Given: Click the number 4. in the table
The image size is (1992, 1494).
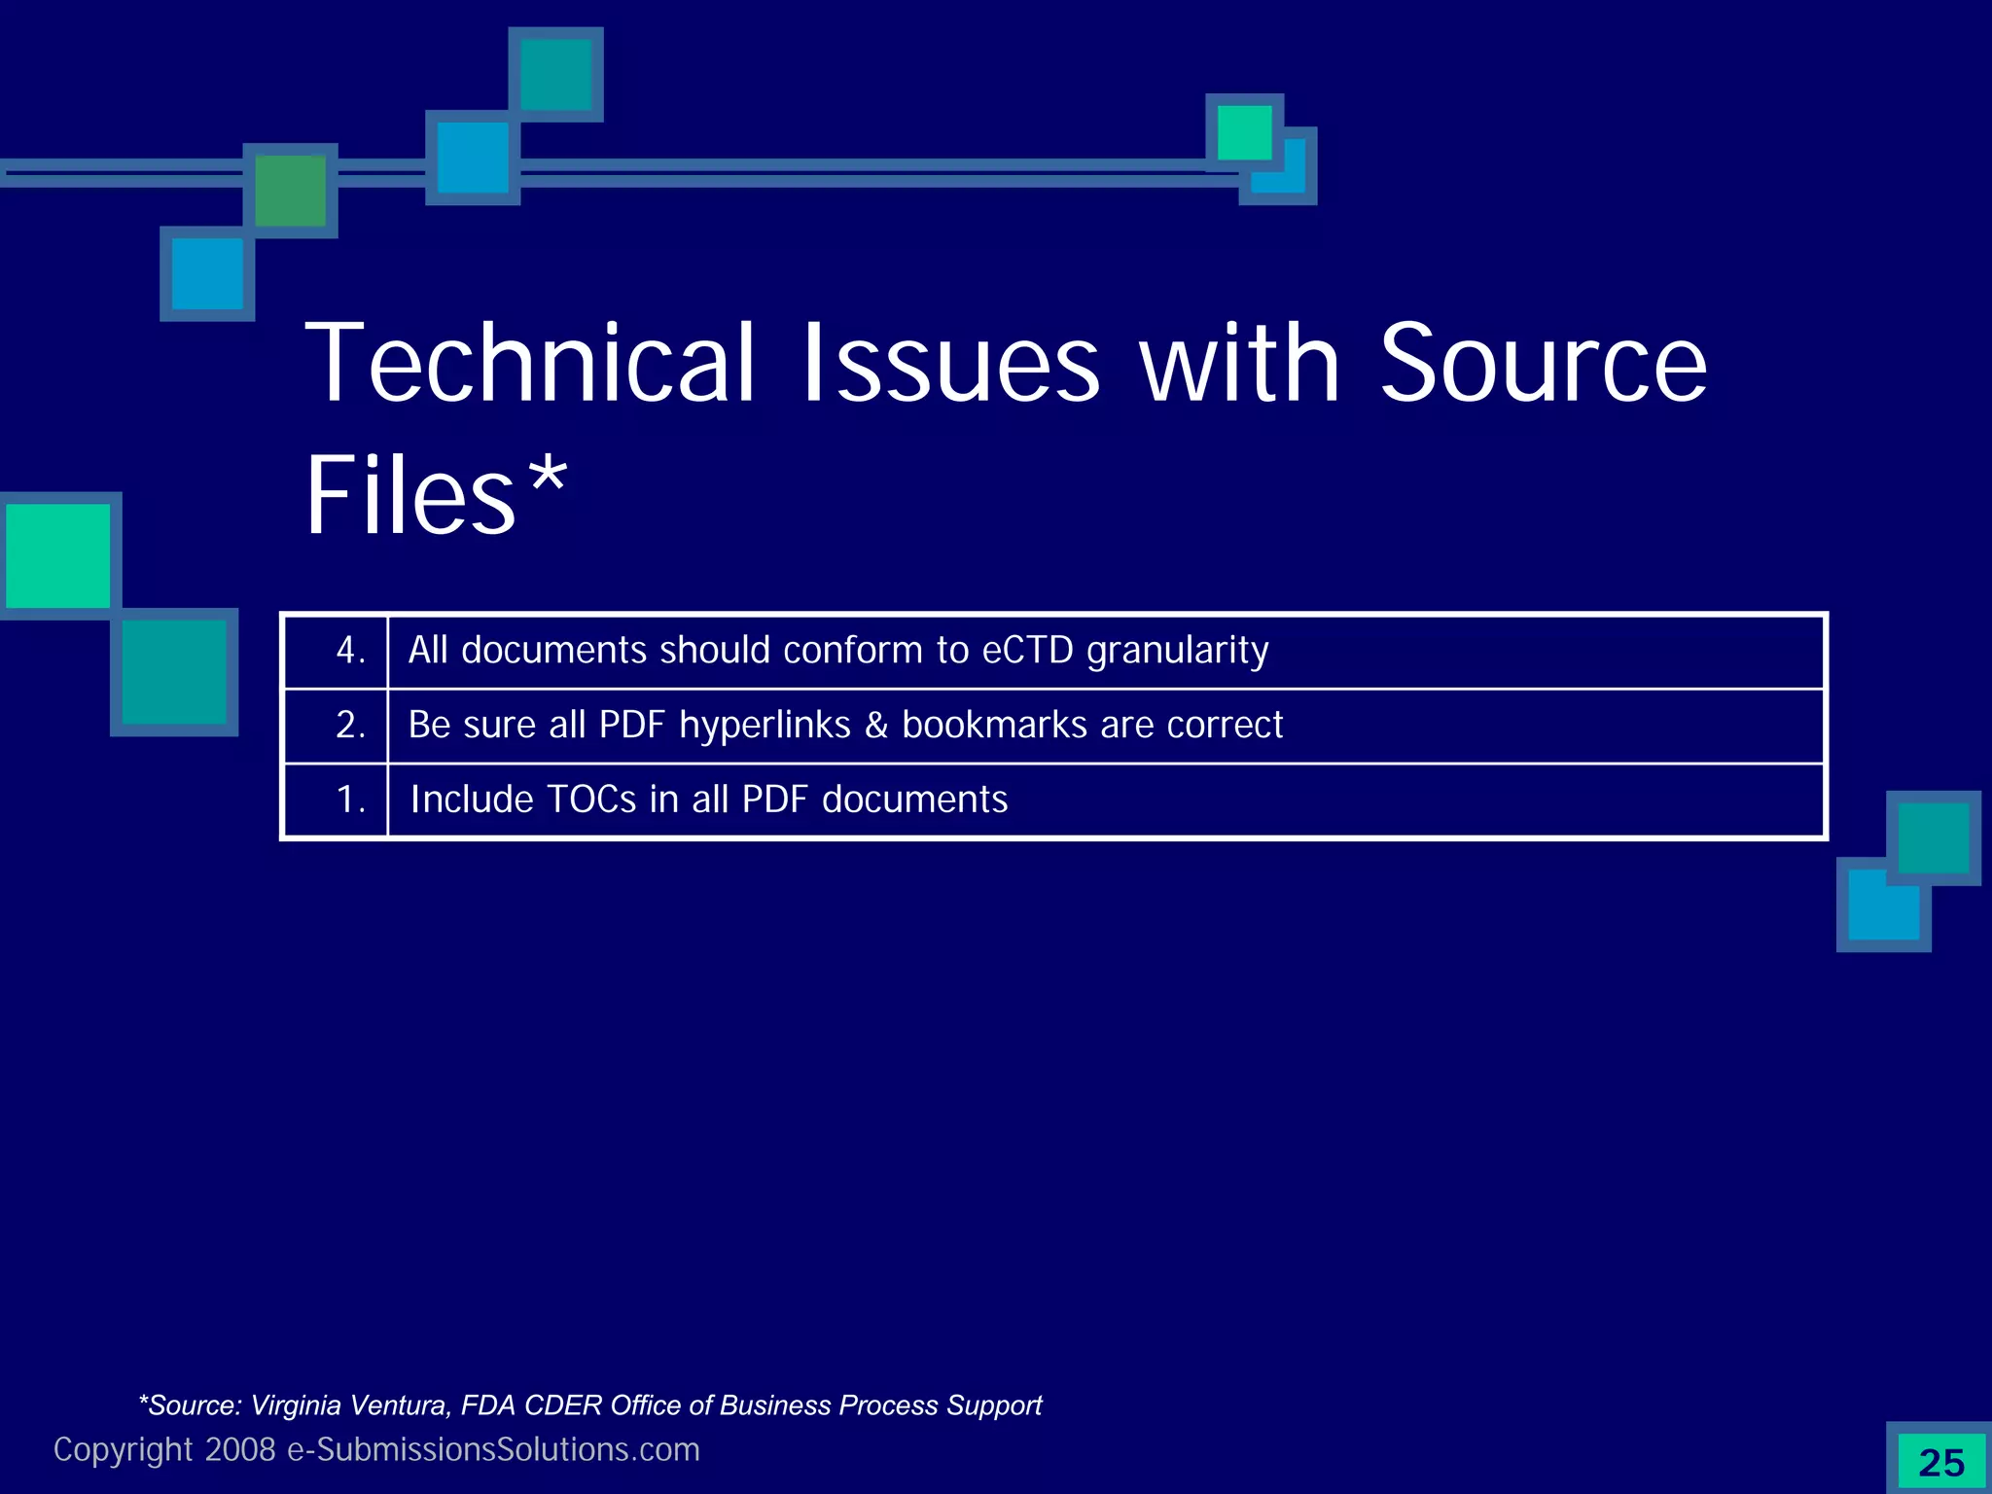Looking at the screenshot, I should click(x=350, y=651).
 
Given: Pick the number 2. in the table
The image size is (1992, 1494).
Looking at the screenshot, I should click(x=350, y=726).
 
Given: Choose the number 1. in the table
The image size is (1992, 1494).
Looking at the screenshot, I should click(x=350, y=800).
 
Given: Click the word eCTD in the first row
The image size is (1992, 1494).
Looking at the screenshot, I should click(x=1027, y=650).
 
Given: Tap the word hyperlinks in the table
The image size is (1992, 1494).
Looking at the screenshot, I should click(x=765, y=726).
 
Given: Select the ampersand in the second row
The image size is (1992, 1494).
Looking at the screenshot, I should click(x=876, y=726).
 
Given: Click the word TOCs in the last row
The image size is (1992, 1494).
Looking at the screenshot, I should click(x=591, y=800).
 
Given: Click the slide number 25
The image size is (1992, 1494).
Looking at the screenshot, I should click(x=1941, y=1463).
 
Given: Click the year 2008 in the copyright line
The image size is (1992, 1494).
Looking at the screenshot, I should click(x=240, y=1449).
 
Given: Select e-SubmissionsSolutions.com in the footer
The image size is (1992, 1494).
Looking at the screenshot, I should click(x=493, y=1449).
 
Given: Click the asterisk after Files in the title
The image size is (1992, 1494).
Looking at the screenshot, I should click(x=547, y=474).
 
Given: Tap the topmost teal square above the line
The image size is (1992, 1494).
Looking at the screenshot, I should click(x=555, y=74).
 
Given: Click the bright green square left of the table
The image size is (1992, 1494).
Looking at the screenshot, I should click(x=58, y=555).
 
